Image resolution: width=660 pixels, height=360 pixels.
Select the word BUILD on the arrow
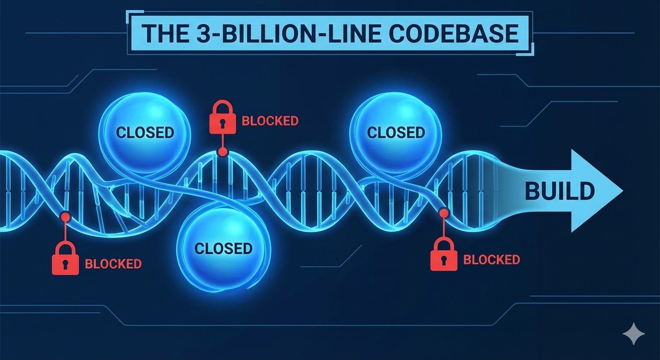pyautogui.click(x=559, y=191)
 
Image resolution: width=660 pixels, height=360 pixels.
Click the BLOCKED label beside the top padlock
pyautogui.click(x=270, y=121)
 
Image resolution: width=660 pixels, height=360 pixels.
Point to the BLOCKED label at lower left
pyautogui.click(x=113, y=263)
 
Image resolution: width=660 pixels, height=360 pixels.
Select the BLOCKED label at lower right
pyautogui.click(x=491, y=260)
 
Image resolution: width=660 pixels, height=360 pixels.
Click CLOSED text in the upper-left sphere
pyautogui.click(x=145, y=133)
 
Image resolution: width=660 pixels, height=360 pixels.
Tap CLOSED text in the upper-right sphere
pyautogui.click(x=396, y=133)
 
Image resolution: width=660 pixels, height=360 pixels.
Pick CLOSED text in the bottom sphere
pyautogui.click(x=224, y=248)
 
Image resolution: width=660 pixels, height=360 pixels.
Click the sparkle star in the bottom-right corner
pyautogui.click(x=633, y=333)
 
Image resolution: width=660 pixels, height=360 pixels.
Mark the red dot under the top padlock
pyautogui.click(x=222, y=151)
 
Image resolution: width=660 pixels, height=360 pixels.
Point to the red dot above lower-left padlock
pyautogui.click(x=65, y=217)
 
